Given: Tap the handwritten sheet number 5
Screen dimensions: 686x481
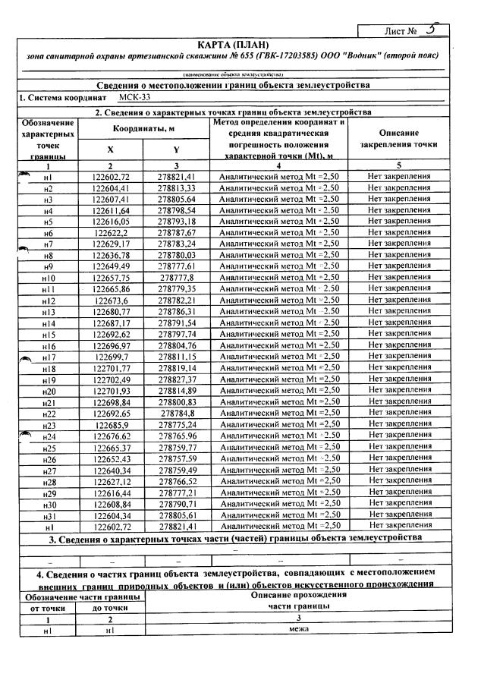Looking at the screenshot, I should (430, 30).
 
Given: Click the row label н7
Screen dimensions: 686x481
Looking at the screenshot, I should (48, 244).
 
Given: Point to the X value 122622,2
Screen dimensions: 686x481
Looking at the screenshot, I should (112, 233).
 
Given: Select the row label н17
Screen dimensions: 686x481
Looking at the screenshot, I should (48, 357).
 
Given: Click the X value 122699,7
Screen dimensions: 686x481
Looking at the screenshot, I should (112, 357).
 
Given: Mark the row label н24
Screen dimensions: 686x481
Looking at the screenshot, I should (48, 436).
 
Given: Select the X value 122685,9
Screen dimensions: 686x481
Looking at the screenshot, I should (112, 425).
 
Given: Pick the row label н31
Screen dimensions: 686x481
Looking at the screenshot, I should (48, 515).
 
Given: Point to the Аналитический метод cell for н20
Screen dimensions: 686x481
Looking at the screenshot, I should (278, 391).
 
